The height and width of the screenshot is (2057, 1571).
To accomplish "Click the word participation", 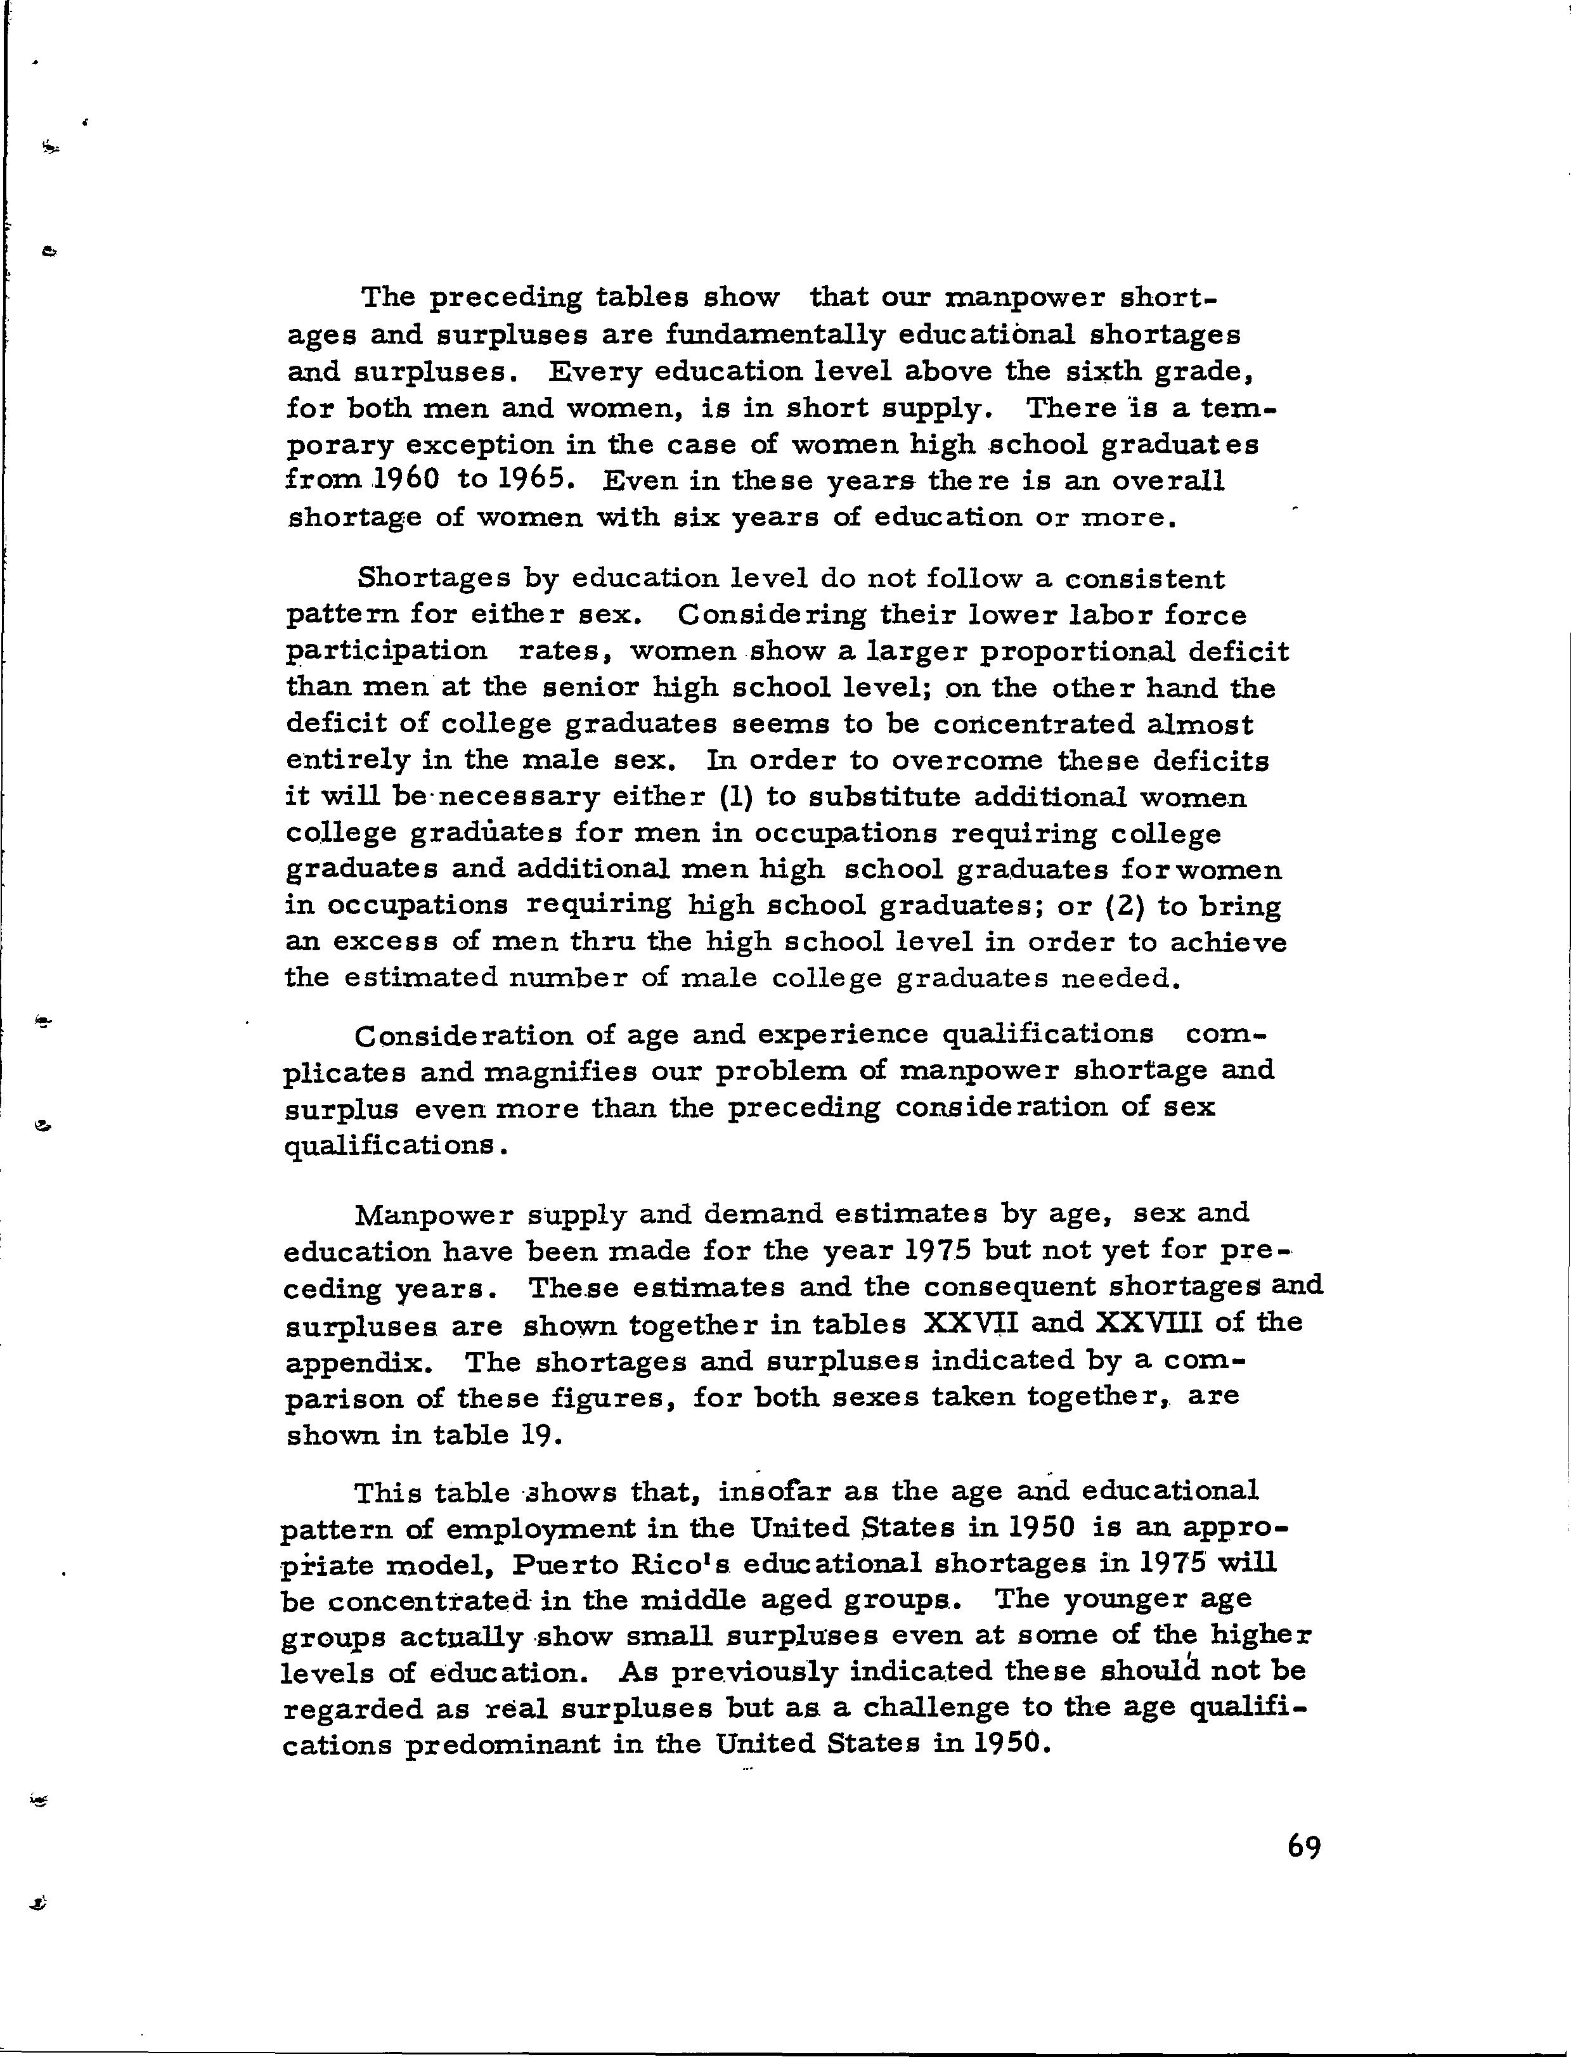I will (386, 652).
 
